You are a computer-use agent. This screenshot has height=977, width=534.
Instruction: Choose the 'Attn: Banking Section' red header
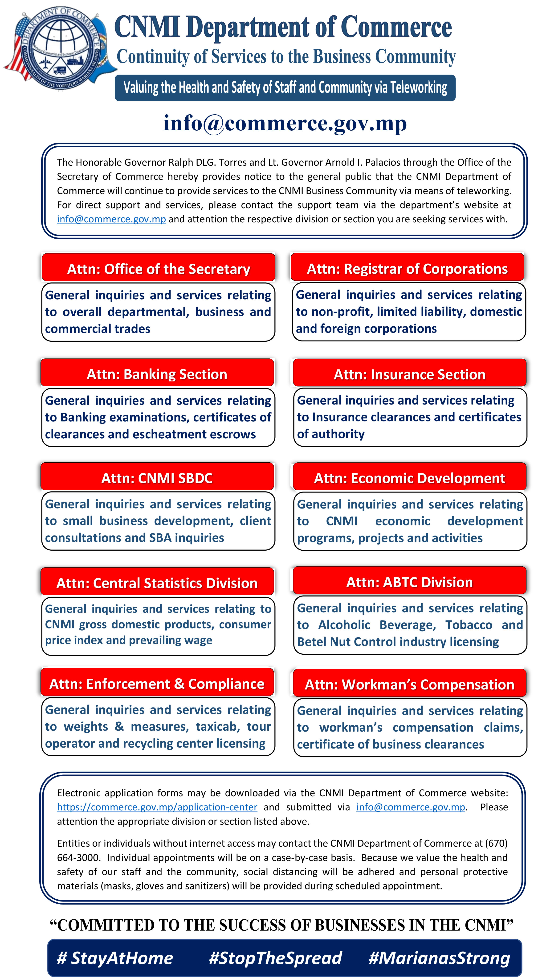(x=157, y=374)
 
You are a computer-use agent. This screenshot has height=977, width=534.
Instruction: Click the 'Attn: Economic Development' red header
(x=410, y=478)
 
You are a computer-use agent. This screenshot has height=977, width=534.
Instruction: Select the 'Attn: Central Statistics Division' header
(x=157, y=583)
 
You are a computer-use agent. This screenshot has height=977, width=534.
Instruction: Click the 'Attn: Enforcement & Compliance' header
(x=157, y=683)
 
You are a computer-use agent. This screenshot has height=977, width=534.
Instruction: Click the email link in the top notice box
(x=111, y=219)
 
